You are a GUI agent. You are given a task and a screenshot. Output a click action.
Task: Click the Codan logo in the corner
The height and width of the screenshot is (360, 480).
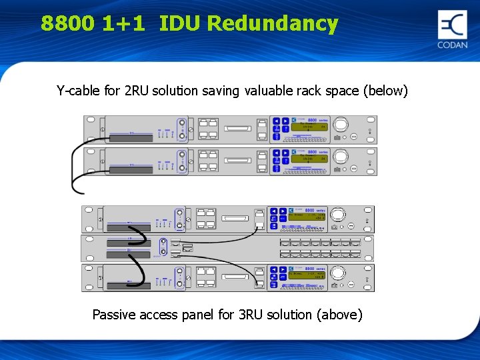(453, 29)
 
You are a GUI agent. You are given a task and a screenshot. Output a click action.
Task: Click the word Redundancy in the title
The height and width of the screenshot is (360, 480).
(273, 24)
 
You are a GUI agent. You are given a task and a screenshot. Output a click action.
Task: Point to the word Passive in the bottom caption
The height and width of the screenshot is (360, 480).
(114, 314)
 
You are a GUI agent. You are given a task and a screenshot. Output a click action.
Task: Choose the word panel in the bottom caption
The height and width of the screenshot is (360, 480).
(197, 314)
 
